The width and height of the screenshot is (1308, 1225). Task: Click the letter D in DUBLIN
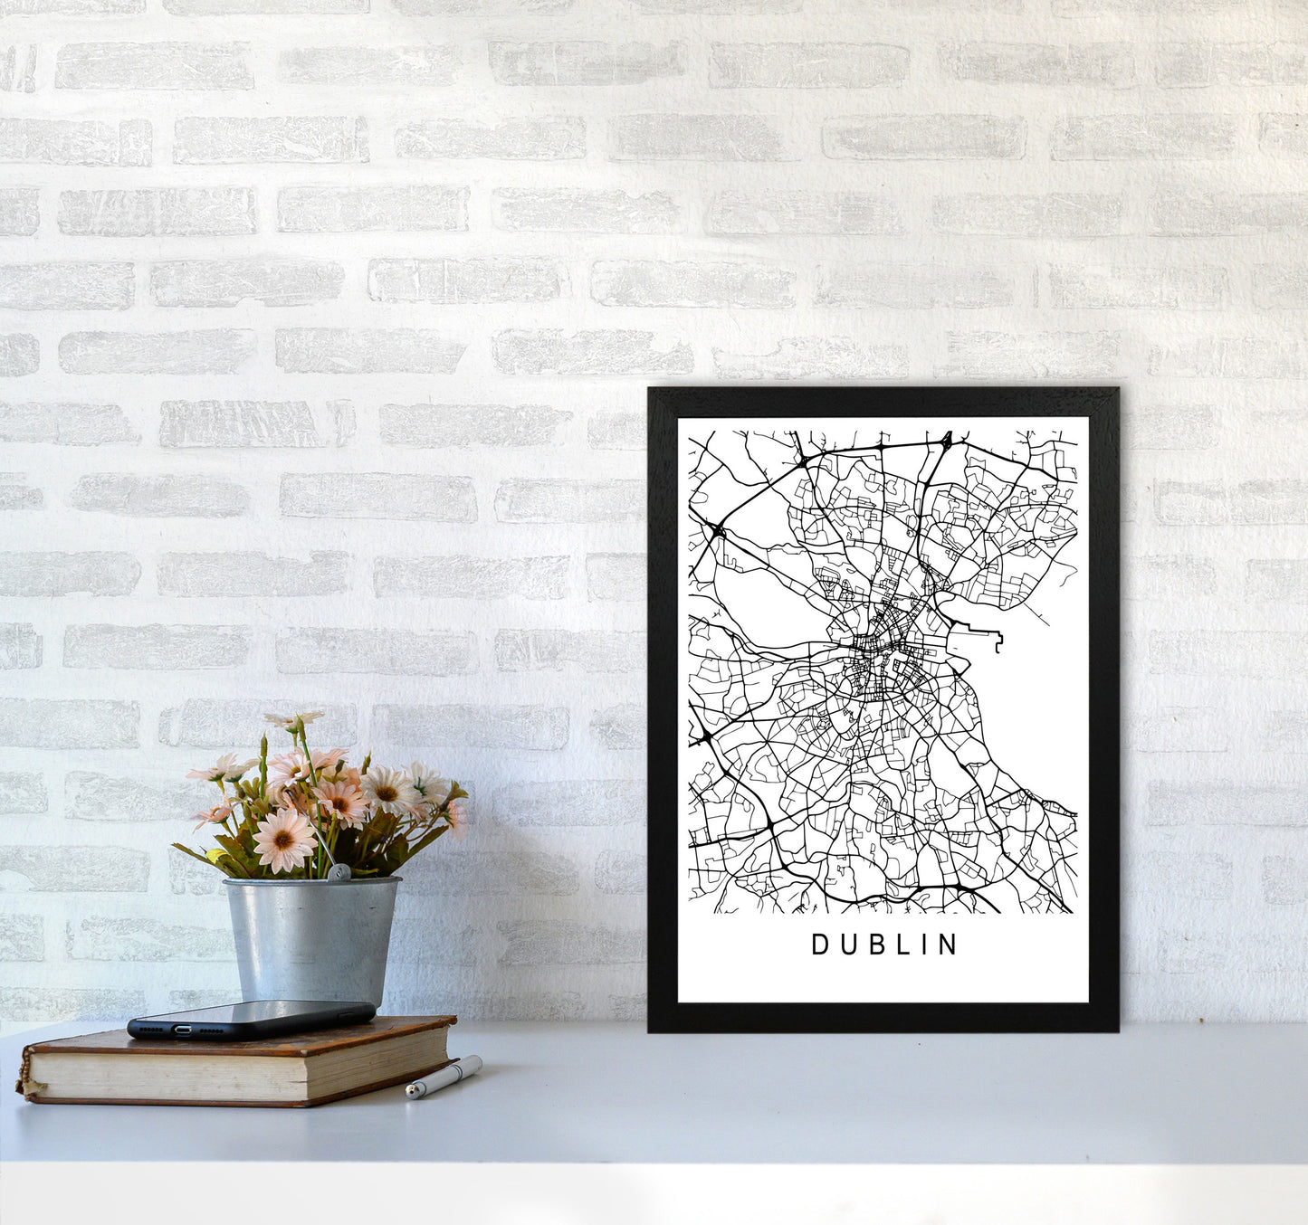819,945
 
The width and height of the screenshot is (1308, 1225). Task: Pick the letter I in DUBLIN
923,945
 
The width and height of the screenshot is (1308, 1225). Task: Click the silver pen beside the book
444,1077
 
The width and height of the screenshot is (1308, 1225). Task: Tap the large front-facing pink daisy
283,840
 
